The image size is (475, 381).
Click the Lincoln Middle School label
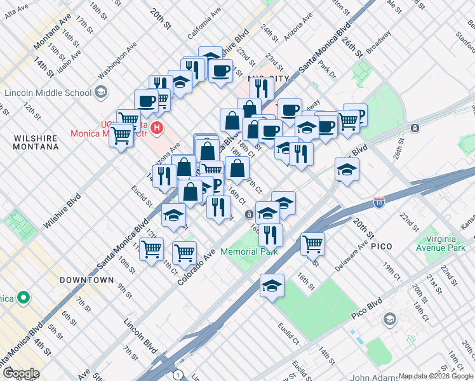click(x=48, y=93)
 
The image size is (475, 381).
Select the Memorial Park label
click(x=249, y=251)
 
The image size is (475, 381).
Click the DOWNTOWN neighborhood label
click(x=87, y=280)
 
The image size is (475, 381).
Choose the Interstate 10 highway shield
click(x=378, y=202)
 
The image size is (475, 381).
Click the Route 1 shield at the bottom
click(x=178, y=374)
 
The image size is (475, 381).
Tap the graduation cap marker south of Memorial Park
click(x=272, y=285)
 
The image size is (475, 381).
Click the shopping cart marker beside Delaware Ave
click(x=312, y=243)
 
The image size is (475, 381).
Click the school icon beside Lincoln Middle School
click(x=100, y=93)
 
